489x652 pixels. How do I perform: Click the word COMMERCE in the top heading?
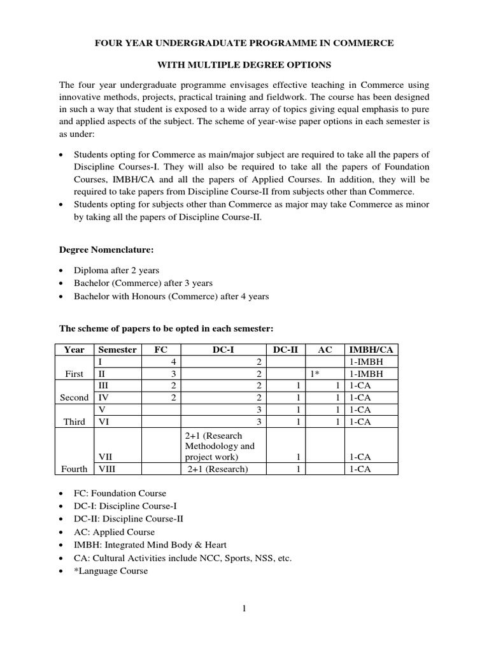[364, 43]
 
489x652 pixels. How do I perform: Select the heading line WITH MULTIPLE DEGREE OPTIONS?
[244, 65]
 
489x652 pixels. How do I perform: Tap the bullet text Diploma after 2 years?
[117, 270]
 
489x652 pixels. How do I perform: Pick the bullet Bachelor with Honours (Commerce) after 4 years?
[171, 296]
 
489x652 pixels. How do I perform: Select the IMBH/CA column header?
[370, 350]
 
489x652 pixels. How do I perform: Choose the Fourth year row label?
[74, 469]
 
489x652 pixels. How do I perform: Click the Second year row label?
[74, 397]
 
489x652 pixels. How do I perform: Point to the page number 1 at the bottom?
[244, 609]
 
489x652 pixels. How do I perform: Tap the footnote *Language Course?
[111, 571]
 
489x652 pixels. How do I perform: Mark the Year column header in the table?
[74, 350]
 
